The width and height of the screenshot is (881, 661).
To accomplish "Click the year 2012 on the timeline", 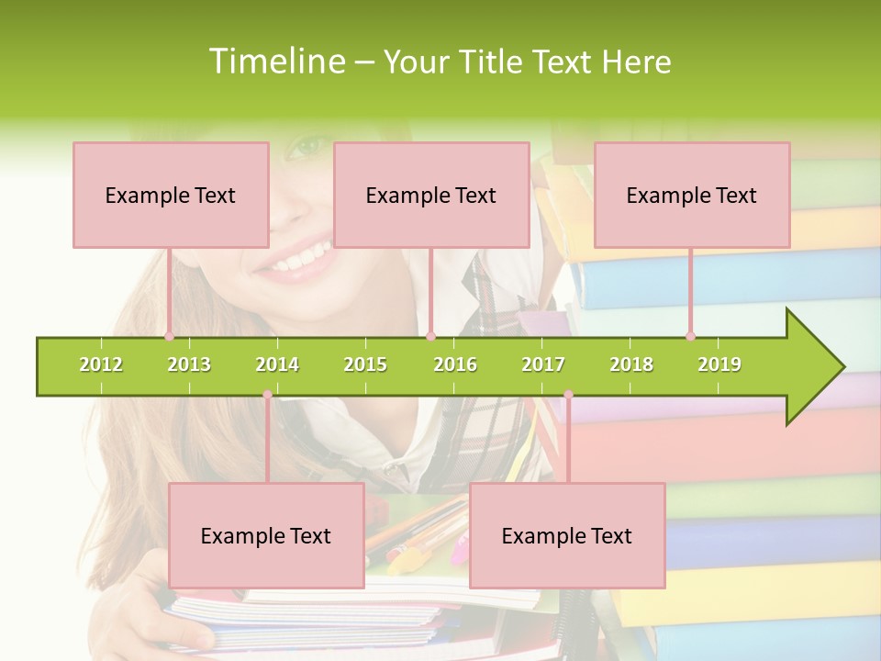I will (x=101, y=364).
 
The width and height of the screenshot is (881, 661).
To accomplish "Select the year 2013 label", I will (x=189, y=364).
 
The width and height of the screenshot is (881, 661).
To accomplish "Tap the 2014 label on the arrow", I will (x=277, y=364).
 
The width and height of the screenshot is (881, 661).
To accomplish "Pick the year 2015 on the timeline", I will (x=365, y=364).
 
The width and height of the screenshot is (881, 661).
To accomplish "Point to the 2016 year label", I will (x=455, y=364).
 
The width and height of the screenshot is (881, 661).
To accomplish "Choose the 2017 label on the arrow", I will (x=543, y=364).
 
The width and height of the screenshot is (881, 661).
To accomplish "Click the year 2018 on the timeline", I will (x=631, y=364).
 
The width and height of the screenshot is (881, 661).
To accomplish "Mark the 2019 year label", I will (x=719, y=364).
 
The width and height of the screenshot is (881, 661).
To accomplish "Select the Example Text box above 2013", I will (x=171, y=195).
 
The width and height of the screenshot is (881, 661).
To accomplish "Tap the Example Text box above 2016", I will (x=431, y=195).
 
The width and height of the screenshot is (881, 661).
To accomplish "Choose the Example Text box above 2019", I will (x=692, y=195).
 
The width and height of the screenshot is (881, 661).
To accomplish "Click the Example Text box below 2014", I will (x=266, y=535).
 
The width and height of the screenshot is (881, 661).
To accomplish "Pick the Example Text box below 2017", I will (x=567, y=535).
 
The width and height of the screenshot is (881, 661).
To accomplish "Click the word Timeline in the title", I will (x=275, y=62).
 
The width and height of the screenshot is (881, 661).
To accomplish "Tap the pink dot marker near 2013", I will (x=169, y=336).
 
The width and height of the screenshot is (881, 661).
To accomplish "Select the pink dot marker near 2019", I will (x=690, y=336).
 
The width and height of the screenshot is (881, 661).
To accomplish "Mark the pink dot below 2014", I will (x=267, y=395).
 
